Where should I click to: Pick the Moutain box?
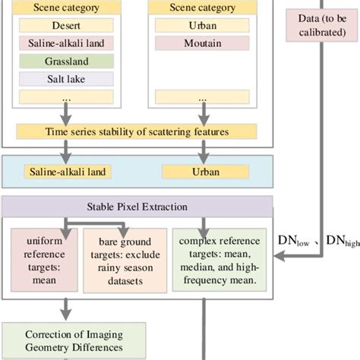click(201, 43)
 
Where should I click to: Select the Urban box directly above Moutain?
click(201, 24)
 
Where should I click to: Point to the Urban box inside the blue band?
click(201, 172)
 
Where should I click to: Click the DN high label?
click(342, 241)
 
